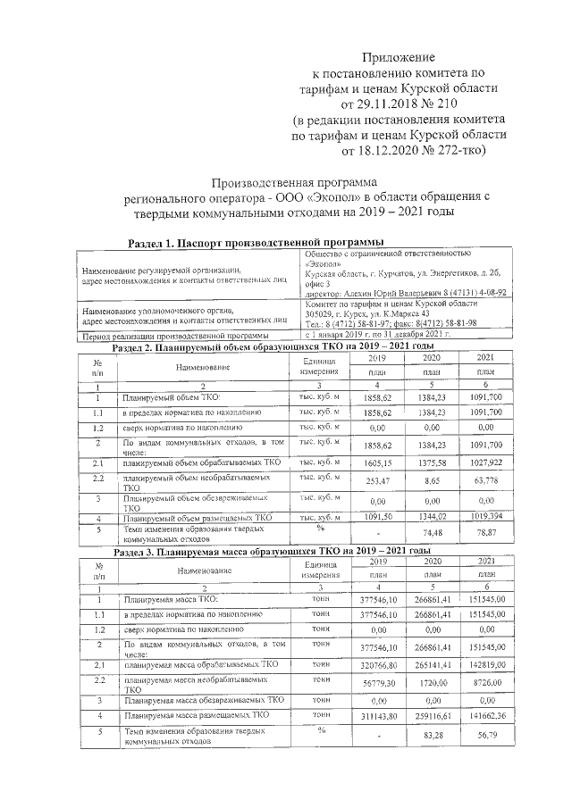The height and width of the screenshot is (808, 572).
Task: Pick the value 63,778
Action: point(486,480)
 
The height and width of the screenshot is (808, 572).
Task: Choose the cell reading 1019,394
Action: point(486,516)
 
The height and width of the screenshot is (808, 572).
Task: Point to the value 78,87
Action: point(486,532)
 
